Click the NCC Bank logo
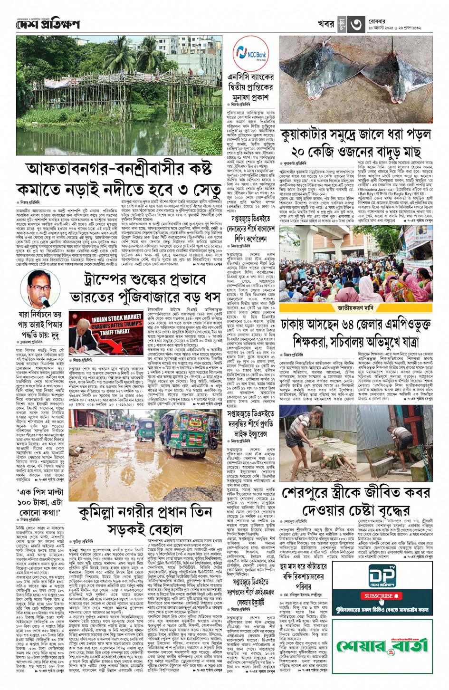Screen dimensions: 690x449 (x=250, y=54)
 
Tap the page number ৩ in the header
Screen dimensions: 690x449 (x=356, y=23)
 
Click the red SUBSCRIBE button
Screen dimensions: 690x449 (x=382, y=596)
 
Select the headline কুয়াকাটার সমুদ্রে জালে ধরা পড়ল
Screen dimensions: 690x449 (x=355, y=135)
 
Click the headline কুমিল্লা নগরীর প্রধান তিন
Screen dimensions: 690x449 (x=145, y=512)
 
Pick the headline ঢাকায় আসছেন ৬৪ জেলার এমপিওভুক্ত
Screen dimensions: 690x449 (x=356, y=325)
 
